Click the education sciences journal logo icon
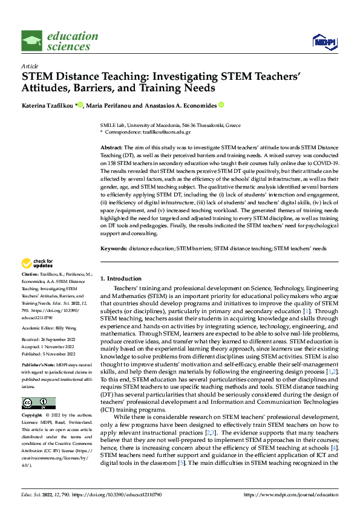(x=32, y=41)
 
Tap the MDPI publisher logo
(x=323, y=41)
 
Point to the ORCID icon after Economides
(x=221, y=105)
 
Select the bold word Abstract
(x=111, y=148)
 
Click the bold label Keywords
(x=113, y=248)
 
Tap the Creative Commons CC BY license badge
(x=38, y=403)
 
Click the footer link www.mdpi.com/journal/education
(x=291, y=494)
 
